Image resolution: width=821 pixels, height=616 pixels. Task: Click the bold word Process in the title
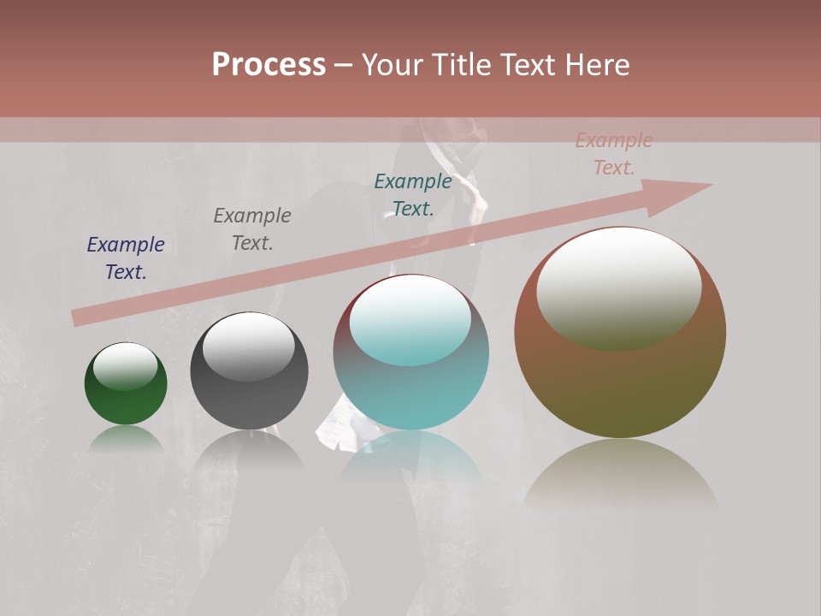(x=269, y=65)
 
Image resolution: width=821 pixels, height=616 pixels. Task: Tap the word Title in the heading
(x=460, y=65)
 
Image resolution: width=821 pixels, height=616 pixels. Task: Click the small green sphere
(x=126, y=402)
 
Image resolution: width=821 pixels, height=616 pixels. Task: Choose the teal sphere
(x=410, y=394)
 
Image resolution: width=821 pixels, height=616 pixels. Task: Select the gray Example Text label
(x=252, y=229)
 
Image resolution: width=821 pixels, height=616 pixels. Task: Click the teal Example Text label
(x=413, y=194)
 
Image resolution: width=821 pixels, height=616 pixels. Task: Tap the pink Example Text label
(x=614, y=154)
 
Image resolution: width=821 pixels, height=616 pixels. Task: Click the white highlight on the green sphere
(x=126, y=365)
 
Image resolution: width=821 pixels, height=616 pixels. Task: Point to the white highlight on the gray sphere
(x=249, y=345)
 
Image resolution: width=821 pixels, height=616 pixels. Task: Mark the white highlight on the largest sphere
(x=619, y=287)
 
